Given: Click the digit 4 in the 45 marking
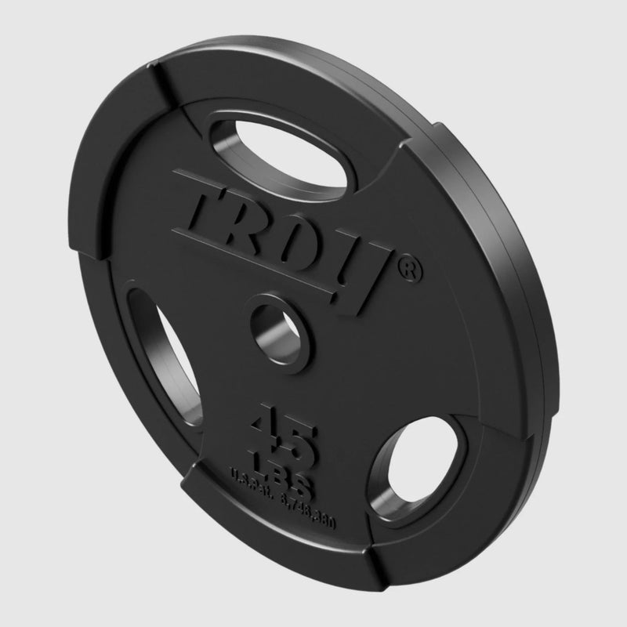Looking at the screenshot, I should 267,428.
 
